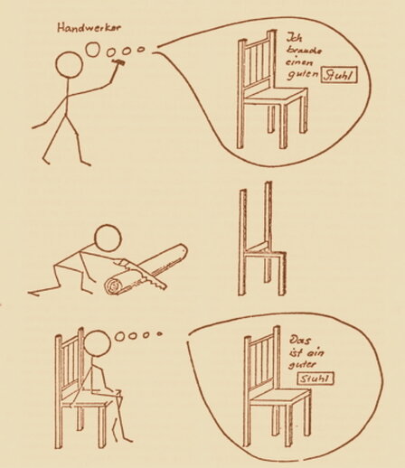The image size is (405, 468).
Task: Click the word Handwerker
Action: pos(89,28)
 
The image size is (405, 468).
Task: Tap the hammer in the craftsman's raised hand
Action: pos(118,61)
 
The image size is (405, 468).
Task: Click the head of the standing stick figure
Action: pos(69,65)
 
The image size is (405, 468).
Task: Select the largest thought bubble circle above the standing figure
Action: pos(92,49)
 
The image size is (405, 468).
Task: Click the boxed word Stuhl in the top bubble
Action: pos(339,75)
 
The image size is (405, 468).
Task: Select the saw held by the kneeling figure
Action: pos(143,275)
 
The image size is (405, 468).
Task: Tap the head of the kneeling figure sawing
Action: pos(108,238)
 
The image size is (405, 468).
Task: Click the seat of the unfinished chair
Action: pos(263,250)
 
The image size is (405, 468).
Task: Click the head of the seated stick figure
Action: pos(97,344)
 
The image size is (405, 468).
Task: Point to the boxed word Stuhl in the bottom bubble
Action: pos(316,379)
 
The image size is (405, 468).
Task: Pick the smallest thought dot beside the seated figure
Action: pos(159,333)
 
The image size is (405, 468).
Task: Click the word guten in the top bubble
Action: pos(302,74)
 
